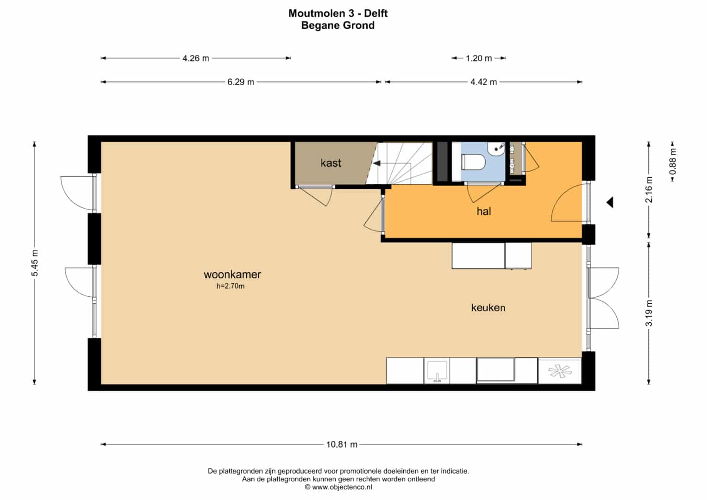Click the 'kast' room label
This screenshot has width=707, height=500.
point(331,163)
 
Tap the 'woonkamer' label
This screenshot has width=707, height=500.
point(232,274)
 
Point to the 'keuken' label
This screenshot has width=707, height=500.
point(488,307)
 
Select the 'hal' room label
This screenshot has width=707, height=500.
point(483,211)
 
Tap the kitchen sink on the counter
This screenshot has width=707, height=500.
point(437,371)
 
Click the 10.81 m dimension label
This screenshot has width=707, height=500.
point(342,444)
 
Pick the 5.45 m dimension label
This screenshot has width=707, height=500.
point(34,263)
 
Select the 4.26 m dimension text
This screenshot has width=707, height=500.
point(196,58)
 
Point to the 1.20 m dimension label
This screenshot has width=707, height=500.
point(478,58)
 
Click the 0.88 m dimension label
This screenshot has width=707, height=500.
point(673,161)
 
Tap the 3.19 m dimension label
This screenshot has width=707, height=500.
point(649,313)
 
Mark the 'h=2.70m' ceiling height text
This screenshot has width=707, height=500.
point(231,286)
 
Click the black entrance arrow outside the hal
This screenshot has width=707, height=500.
point(610,202)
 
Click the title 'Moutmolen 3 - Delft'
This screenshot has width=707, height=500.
point(338,13)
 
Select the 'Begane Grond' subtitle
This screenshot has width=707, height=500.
point(338,25)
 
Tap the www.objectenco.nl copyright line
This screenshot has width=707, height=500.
point(338,487)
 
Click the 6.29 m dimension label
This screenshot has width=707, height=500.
point(240,82)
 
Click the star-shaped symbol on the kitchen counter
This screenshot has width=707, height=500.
point(560,371)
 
